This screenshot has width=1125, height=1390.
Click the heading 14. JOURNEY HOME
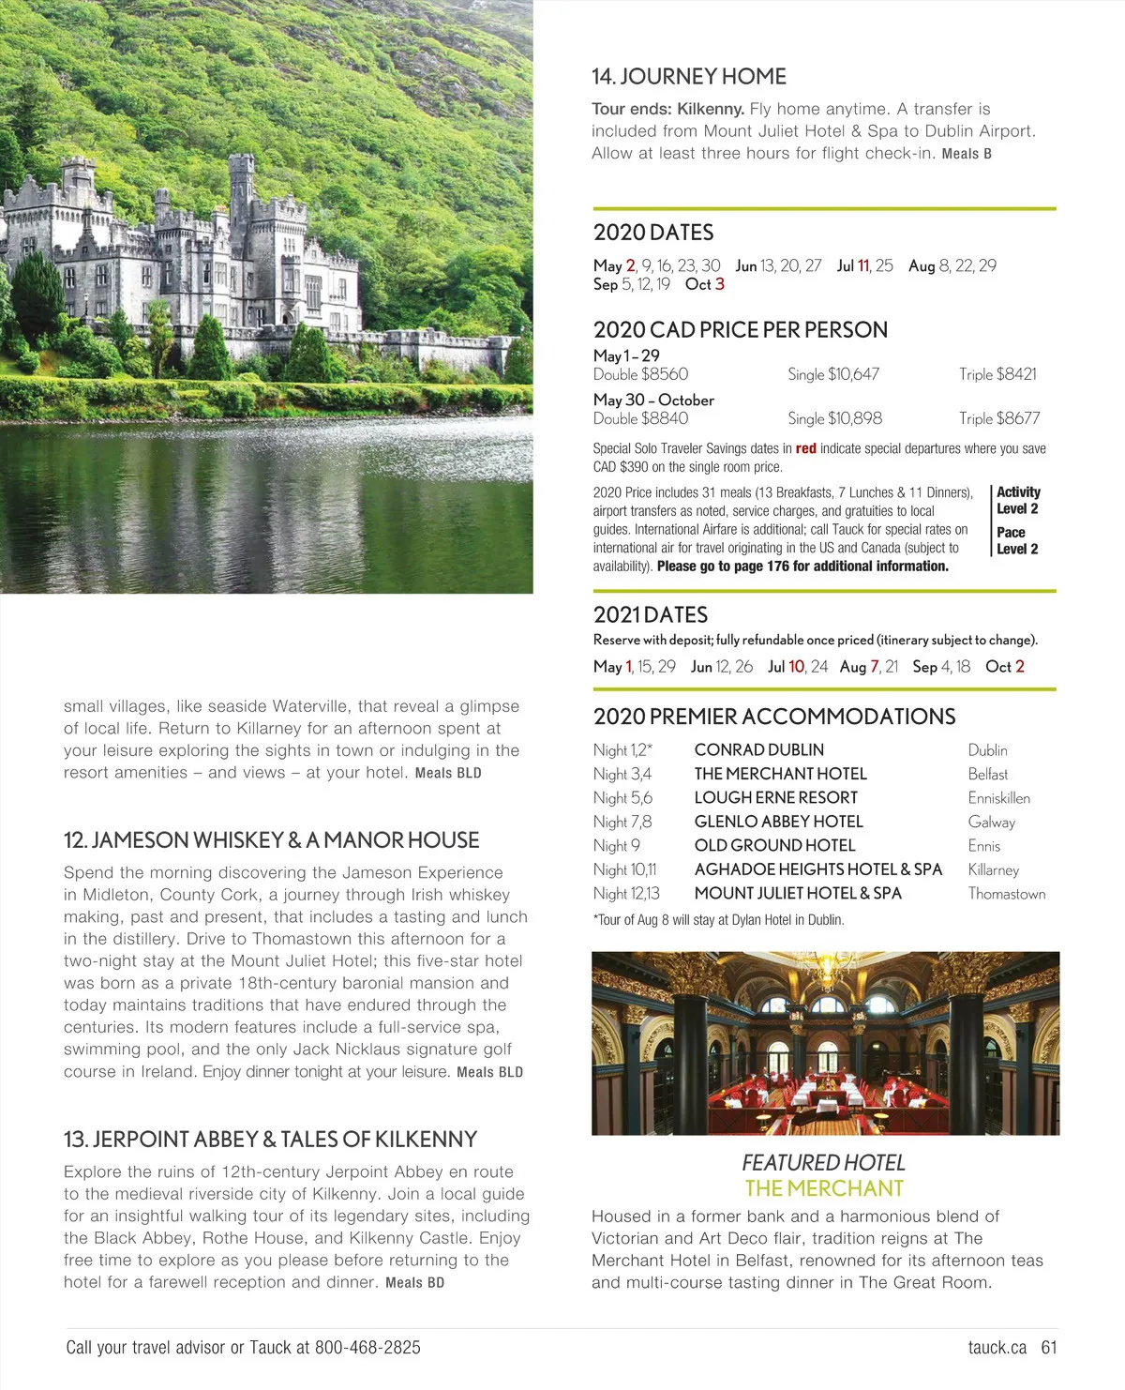pos(689,77)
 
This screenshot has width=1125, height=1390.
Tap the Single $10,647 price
pos(833,374)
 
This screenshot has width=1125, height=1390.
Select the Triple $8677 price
pos(999,418)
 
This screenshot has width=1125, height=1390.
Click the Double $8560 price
pos(640,374)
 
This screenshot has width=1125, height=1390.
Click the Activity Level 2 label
pos(1018,500)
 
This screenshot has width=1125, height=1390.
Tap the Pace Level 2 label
pos(1017,540)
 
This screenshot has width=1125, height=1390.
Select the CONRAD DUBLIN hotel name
pos(759,750)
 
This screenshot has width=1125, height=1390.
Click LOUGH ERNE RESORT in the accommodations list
pos(776,798)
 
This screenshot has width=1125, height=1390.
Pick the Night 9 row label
pos(616,846)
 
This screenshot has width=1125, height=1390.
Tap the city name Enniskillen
pos(999,798)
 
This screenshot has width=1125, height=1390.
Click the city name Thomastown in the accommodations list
pos(1007,894)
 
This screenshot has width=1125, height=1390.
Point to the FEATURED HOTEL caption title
pos(823,1163)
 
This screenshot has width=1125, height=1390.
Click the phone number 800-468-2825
pos(367,1348)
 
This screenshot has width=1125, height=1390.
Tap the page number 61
pos(1049,1348)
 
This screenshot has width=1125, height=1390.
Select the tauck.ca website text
pos(997,1348)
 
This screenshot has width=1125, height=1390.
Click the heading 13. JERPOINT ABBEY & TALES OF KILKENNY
pos(270,1140)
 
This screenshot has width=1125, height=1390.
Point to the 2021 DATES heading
pos(651,615)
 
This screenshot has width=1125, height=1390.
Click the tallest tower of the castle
pos(242,188)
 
